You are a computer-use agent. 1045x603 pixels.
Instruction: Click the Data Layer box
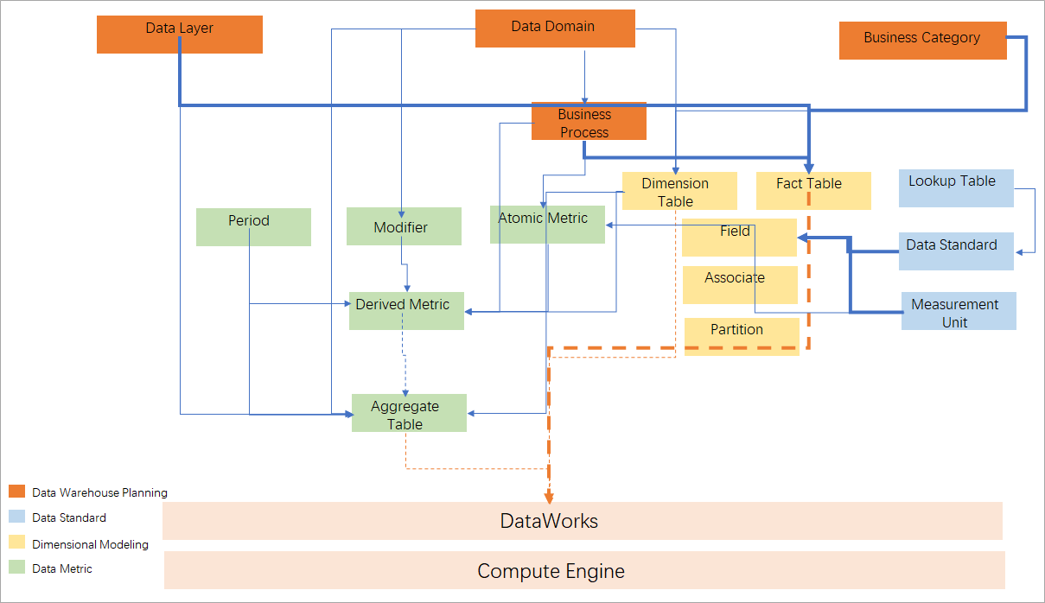point(179,35)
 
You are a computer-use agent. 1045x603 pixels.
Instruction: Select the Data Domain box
point(555,29)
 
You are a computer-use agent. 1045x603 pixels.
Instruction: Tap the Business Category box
point(922,41)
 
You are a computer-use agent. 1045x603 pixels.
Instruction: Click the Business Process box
point(588,121)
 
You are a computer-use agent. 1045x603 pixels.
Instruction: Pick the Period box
point(252,226)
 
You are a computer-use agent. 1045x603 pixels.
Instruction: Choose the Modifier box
point(404,225)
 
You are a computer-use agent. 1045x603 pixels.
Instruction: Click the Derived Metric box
point(405,310)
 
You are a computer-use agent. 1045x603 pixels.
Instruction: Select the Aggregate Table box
point(408,413)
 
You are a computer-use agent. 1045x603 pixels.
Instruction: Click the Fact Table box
point(812,190)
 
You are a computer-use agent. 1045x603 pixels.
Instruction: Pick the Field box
point(738,237)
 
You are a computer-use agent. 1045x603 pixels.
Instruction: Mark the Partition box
point(741,336)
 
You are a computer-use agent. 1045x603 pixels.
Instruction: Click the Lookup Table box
point(955,187)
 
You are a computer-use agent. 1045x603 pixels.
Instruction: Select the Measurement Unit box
point(958,311)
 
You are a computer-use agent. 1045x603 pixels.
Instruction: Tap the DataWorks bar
point(582,521)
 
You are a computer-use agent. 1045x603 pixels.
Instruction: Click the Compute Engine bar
point(583,570)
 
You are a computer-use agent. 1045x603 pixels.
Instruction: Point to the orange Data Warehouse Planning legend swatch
point(16,492)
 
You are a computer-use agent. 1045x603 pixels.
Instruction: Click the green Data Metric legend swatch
point(16,568)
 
